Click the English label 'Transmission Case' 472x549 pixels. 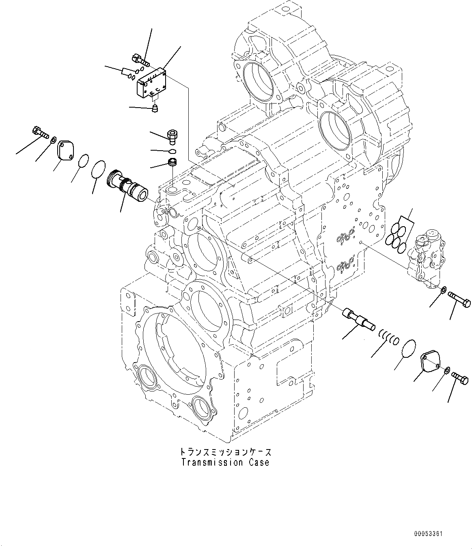pyautogui.click(x=225, y=462)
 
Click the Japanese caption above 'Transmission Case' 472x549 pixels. pyautogui.click(x=225, y=452)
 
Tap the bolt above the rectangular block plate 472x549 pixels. pyautogui.click(x=140, y=61)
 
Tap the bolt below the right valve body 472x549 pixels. pyautogui.click(x=459, y=300)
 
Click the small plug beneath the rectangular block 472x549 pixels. pyautogui.click(x=154, y=108)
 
